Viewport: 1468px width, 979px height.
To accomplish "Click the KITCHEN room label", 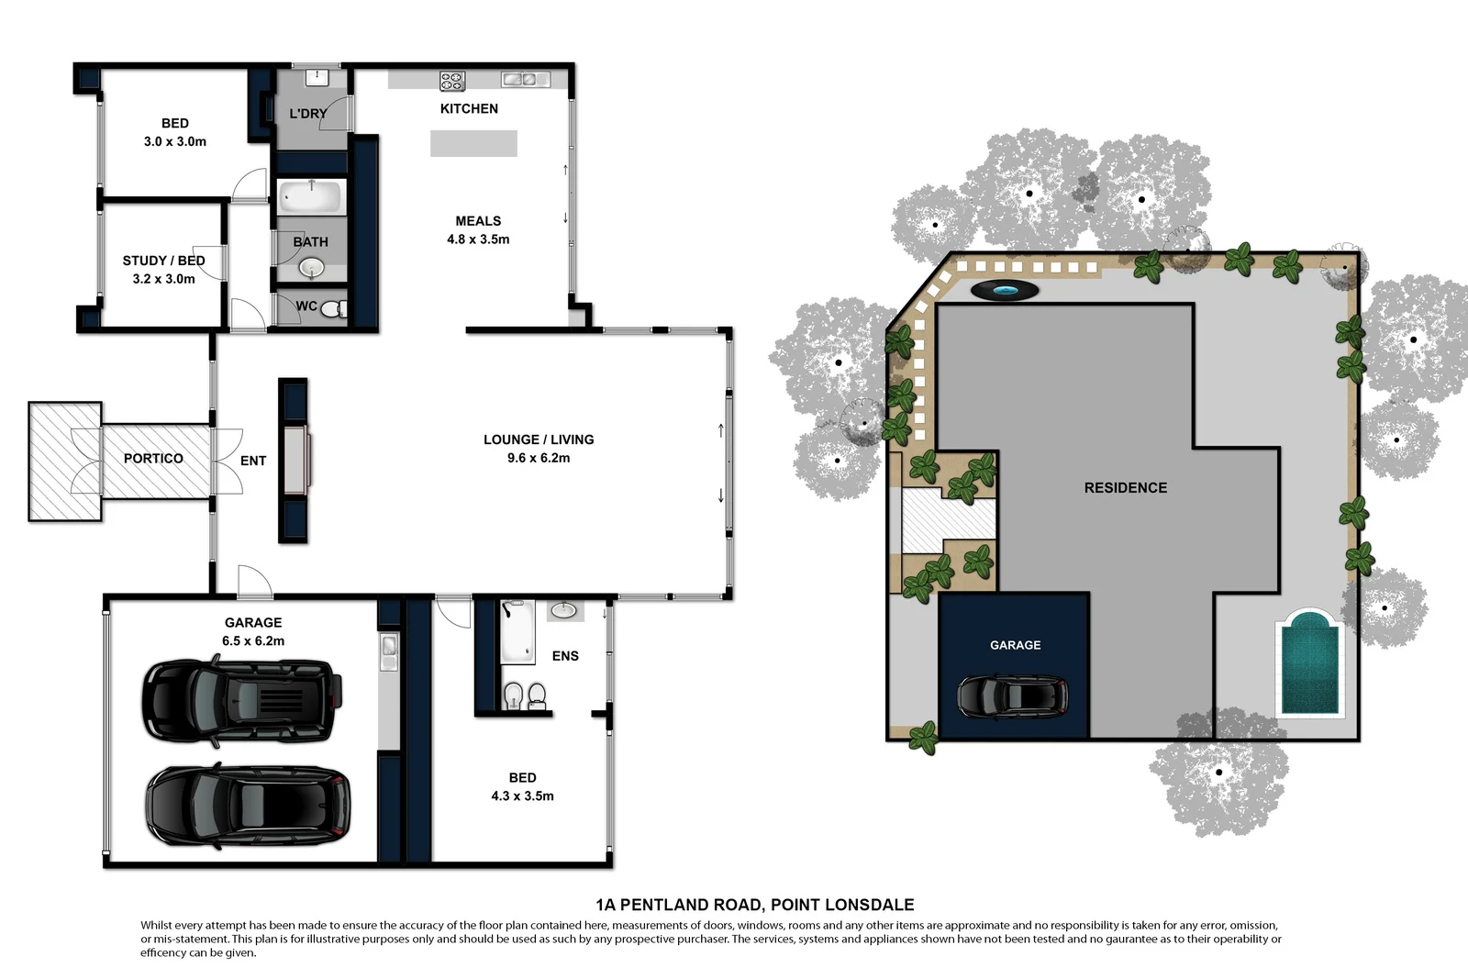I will click(469, 108).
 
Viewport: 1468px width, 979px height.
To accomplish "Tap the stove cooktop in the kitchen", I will click(452, 81).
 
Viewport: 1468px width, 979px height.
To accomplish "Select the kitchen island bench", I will click(473, 143).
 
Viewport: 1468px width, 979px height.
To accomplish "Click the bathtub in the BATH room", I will click(310, 196).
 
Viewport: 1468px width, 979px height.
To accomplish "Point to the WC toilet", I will click(332, 307).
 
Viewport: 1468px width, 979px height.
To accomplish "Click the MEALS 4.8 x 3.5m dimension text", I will click(478, 239).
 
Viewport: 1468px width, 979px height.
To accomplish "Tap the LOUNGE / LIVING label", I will click(539, 439).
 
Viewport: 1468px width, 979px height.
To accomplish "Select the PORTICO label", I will click(153, 459).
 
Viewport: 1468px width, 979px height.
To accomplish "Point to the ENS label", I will click(565, 656).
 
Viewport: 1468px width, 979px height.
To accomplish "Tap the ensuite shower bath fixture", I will click(517, 631).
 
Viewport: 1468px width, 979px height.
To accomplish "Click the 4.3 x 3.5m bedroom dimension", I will click(522, 796).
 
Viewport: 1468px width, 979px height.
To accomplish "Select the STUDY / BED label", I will click(163, 261).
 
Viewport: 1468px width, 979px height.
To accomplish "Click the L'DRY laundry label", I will click(307, 114).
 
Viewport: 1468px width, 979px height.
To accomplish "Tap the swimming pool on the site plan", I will click(1309, 663).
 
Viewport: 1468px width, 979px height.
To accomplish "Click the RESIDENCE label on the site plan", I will click(1125, 488).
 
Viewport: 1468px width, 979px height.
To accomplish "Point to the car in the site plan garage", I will click(1013, 696).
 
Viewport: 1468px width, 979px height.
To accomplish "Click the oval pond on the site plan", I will click(1005, 291).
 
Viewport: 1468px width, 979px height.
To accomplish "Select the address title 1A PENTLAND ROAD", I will click(754, 905).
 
